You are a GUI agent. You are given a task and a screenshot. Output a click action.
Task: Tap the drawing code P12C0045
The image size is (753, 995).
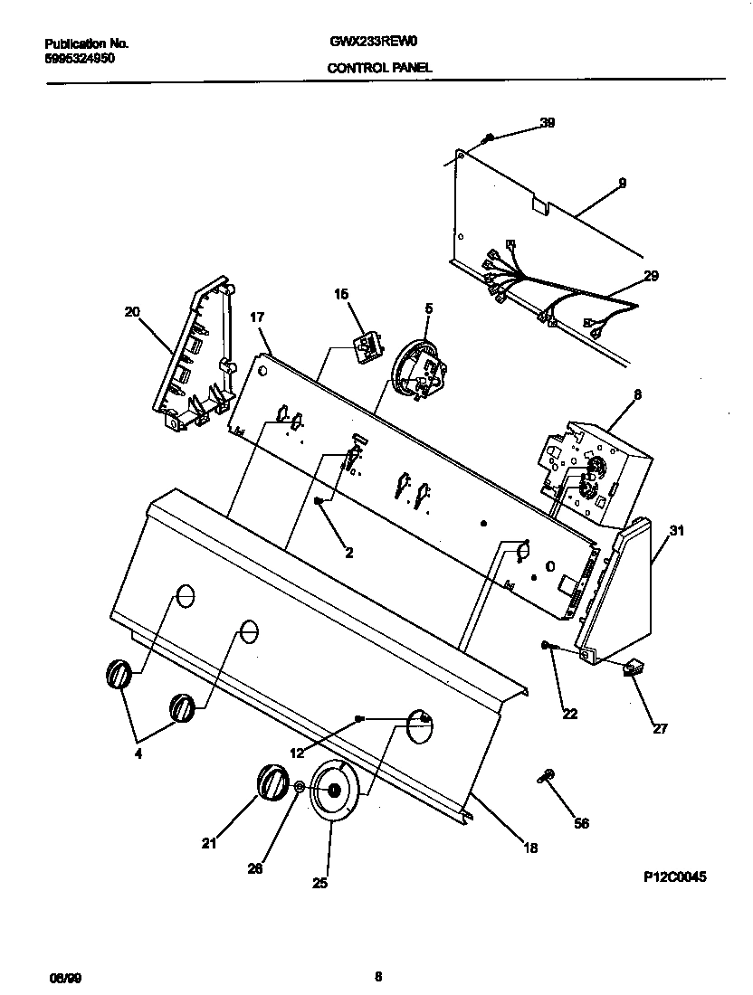click(x=674, y=877)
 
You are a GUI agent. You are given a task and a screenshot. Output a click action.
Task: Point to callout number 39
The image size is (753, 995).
click(x=548, y=123)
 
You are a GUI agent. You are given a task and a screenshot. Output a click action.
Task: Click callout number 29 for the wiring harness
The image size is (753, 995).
click(x=651, y=277)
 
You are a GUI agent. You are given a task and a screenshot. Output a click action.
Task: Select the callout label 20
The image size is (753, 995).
click(x=132, y=312)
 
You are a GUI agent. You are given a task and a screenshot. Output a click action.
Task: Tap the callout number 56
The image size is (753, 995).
click(x=581, y=823)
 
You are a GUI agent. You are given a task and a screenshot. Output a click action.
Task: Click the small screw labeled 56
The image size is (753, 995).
click(x=547, y=775)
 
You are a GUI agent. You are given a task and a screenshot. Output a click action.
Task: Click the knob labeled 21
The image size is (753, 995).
click(x=271, y=782)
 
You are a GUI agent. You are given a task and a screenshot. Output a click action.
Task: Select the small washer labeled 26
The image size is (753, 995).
click(x=299, y=789)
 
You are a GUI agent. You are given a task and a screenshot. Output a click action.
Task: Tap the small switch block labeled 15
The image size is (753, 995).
click(x=366, y=346)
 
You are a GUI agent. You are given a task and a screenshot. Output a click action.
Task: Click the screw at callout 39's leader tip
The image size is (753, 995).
click(x=489, y=137)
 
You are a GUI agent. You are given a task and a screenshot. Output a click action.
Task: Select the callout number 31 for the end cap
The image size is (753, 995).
click(x=675, y=531)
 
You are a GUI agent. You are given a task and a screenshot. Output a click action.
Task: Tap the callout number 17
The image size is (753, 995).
click(x=257, y=317)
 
